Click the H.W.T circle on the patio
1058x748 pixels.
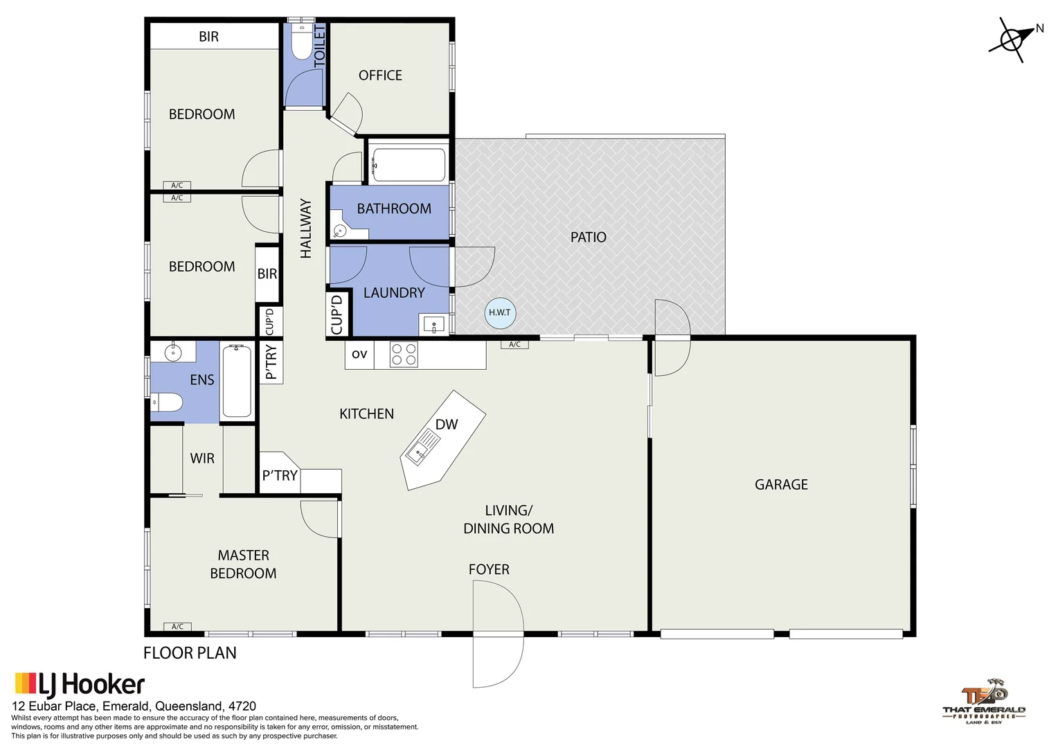click(x=499, y=312)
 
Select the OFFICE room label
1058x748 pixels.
click(x=380, y=75)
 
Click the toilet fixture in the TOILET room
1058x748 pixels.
click(x=302, y=43)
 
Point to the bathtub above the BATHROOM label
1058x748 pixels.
click(x=409, y=164)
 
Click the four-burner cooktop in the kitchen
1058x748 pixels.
click(x=404, y=355)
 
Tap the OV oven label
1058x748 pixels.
click(x=359, y=355)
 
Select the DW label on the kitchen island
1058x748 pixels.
click(x=447, y=425)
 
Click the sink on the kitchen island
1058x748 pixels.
click(x=422, y=447)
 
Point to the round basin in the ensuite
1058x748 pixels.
click(x=172, y=353)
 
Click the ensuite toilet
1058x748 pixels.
click(x=168, y=402)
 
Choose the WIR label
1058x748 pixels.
click(x=202, y=458)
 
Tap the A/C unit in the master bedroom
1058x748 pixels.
click(x=177, y=627)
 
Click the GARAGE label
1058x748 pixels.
click(x=781, y=485)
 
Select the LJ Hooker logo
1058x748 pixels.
click(x=80, y=685)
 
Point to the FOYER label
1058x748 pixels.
click(x=489, y=569)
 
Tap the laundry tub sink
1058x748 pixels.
click(x=434, y=324)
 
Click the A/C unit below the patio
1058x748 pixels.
click(x=514, y=344)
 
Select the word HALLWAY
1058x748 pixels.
click(x=305, y=229)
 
